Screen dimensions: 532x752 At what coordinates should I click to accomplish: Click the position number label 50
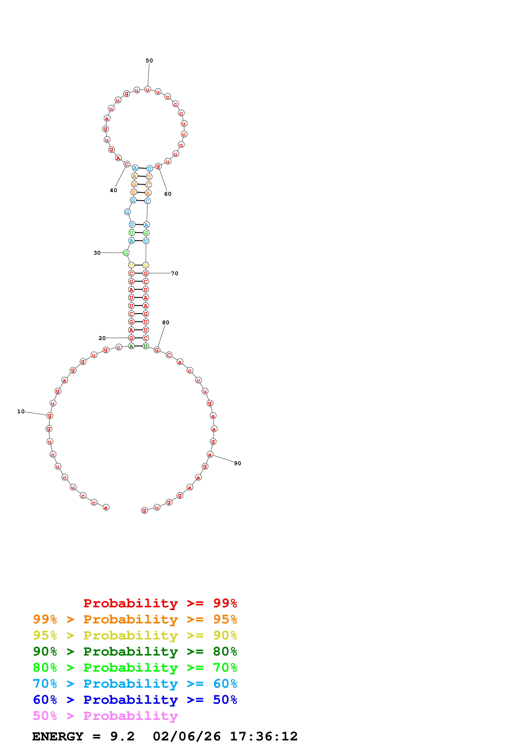[149, 61]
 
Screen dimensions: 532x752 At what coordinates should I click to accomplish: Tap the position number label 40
[113, 190]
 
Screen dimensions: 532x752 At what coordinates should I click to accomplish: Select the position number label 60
[168, 194]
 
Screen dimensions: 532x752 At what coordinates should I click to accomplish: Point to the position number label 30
[97, 253]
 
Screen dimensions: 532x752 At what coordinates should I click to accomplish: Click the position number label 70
[175, 274]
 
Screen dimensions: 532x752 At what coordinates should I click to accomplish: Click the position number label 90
[238, 463]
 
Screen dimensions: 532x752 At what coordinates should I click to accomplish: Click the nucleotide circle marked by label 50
[147, 89]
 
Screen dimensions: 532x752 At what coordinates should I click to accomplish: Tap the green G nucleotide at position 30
[126, 253]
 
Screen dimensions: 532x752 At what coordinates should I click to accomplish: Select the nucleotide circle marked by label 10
[50, 416]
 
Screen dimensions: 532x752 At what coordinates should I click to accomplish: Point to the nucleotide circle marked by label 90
[210, 455]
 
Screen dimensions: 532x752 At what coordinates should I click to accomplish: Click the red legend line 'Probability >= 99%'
[160, 603]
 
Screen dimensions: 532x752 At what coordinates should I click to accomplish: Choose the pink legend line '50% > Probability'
[105, 716]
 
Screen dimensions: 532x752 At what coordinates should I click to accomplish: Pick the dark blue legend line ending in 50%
[135, 700]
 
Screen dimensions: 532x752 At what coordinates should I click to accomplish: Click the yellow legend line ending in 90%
[135, 635]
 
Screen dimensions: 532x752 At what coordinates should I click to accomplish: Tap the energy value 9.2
[122, 737]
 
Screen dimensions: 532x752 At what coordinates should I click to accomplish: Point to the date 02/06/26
[187, 737]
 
